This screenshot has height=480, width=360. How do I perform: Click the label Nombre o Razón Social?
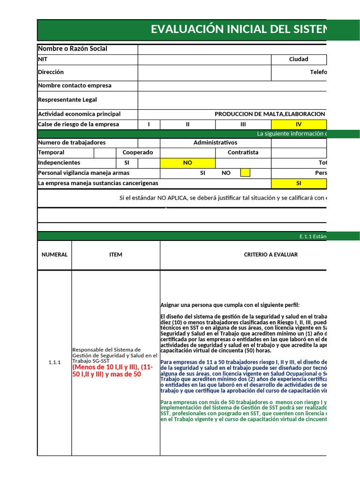point(73,49)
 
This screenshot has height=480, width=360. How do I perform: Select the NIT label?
point(43,60)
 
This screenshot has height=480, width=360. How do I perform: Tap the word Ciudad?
point(299,60)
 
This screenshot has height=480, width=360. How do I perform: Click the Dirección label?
point(51,72)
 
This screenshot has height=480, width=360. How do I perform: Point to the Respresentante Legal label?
point(67,100)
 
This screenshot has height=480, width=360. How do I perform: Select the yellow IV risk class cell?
point(299,124)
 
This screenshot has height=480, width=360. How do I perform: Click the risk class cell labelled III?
point(243,124)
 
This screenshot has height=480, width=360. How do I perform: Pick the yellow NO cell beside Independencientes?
point(187,163)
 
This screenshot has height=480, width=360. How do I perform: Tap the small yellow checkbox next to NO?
point(245,173)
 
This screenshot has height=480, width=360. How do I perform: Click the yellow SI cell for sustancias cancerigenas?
point(299,183)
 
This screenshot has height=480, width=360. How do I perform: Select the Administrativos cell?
point(215,142)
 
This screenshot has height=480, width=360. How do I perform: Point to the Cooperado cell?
point(138,152)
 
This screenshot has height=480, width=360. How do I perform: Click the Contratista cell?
point(243,152)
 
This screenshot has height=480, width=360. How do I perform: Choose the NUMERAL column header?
point(54,255)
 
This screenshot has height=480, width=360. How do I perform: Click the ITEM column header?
point(115,255)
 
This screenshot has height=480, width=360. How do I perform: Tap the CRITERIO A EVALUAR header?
point(270,255)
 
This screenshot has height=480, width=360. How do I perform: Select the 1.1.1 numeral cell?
point(54,362)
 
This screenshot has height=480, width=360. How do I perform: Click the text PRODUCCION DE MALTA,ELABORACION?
point(270,114)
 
